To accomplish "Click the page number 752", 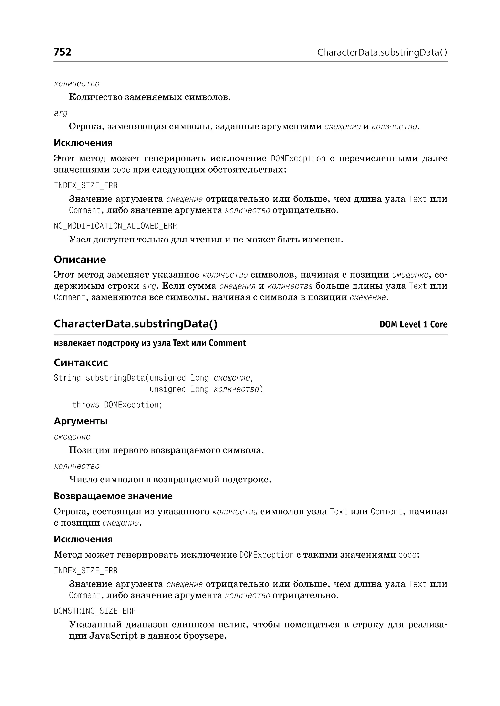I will coord(62,52).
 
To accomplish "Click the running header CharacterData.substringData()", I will coord(382,53).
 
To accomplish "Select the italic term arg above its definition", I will coord(61,113).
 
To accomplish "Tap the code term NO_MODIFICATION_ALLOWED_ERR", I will coord(115,226).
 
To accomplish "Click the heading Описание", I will coord(80,259).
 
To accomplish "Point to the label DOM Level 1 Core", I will coord(413,324).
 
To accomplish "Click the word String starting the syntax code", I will coord(67,378).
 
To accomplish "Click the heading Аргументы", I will coord(81,421).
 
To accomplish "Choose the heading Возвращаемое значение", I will coord(113,496).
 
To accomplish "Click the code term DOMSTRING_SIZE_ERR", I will coord(95,611).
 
